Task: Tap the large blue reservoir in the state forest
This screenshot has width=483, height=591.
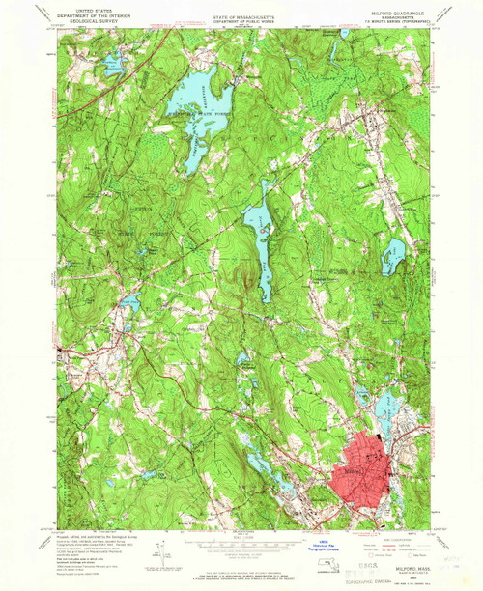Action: pos(198,97)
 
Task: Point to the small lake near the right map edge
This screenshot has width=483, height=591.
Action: pos(392,256)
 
